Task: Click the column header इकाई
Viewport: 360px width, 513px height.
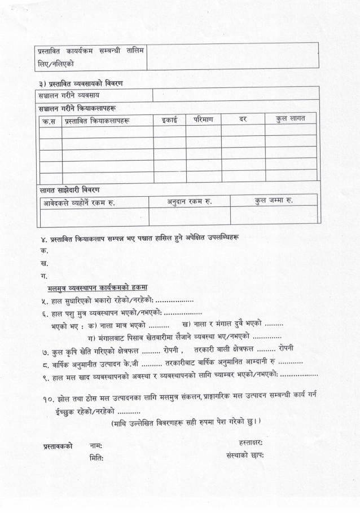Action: (169, 120)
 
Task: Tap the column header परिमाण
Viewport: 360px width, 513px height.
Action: (204, 120)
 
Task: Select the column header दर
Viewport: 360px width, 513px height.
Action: (243, 119)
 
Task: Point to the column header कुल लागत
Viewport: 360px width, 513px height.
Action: (291, 118)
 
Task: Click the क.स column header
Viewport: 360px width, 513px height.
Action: (50, 121)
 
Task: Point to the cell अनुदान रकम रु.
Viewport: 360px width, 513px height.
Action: (189, 201)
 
